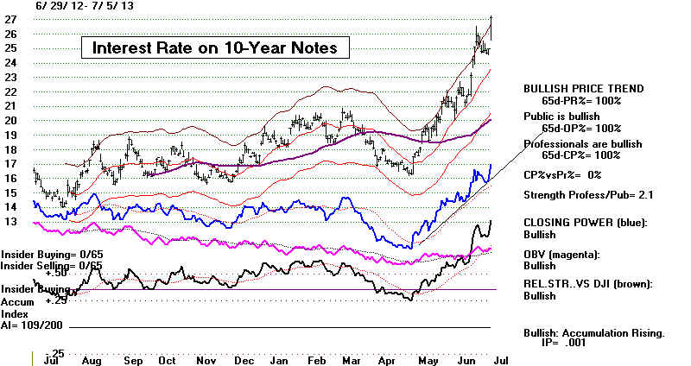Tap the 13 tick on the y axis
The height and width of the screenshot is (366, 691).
pyautogui.click(x=13, y=222)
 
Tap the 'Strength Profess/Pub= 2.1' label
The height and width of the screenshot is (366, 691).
pyautogui.click(x=588, y=195)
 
